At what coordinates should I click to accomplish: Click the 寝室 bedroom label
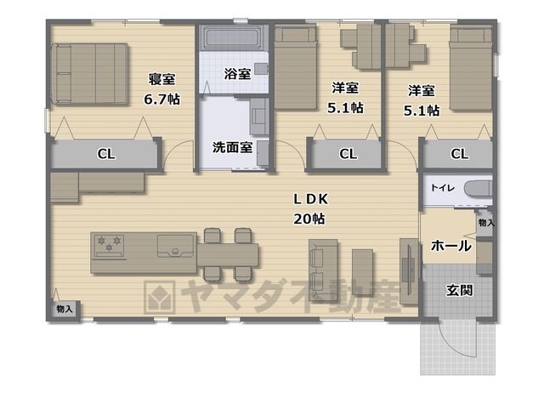coord(161,79)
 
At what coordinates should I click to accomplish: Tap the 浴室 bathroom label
coord(237,74)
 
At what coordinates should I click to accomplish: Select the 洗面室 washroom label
coord(232,147)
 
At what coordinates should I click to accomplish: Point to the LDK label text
coord(310,199)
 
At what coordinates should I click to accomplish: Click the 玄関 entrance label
coord(459,290)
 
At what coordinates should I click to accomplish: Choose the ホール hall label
coord(451,246)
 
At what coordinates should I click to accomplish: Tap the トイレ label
coord(442,188)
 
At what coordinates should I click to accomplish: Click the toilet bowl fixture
coord(478,189)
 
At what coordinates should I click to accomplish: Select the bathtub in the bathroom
coord(232,37)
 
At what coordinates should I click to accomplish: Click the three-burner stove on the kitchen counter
coord(110,246)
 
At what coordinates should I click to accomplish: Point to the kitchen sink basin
coord(175,246)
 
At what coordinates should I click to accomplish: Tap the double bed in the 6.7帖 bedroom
coord(89,74)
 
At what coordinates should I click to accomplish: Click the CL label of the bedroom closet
coord(106,154)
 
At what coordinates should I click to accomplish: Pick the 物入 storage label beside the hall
coord(486,223)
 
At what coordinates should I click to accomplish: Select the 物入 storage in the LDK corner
coord(65,309)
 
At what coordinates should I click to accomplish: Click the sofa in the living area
coord(323,270)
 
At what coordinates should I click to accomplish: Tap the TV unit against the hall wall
coord(409,271)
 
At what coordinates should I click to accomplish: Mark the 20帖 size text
coord(309,219)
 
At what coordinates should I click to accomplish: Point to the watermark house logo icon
coord(160,297)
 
